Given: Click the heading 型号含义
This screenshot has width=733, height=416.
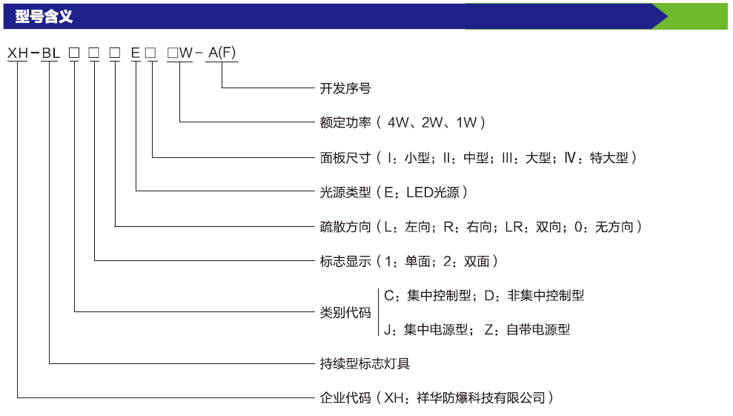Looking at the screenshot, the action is pos(44,16).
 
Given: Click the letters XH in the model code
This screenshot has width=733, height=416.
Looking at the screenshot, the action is pos(18,53).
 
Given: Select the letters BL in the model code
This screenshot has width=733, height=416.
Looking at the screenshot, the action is pos(51,53).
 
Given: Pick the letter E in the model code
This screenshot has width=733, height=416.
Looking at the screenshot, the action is pos(136,53).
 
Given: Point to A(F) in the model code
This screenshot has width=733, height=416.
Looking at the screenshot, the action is pos(222,53).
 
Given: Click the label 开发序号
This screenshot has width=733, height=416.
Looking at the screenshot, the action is pos(345,88).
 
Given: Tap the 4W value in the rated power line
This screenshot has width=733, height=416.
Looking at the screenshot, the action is pos(398,122).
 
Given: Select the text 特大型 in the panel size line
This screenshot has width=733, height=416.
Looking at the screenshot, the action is pos(609,158).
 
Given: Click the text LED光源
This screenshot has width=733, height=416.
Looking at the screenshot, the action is pos(433,192).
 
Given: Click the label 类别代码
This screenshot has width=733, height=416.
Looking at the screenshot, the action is pos(345,312).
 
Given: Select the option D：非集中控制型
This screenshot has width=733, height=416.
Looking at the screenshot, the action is pos(534,295).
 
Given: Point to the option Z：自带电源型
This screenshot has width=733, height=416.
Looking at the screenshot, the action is pos(527,330).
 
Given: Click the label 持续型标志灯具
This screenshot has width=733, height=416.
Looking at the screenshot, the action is pos(365,363).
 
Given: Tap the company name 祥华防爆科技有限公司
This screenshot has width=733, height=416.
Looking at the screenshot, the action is pos(481,397).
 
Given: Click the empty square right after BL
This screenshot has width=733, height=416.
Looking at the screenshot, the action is pos(74,53).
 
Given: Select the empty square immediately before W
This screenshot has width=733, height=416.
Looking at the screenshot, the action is pos(173,53).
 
